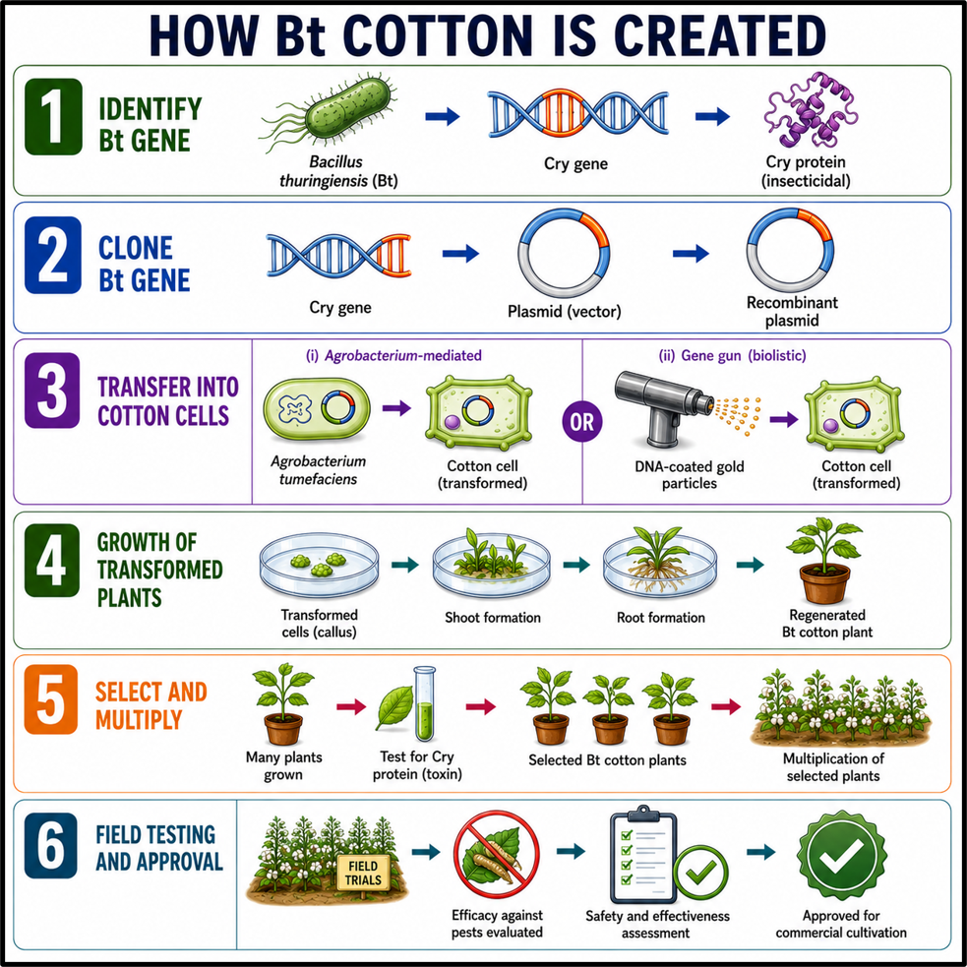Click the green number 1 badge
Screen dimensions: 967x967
(x=53, y=116)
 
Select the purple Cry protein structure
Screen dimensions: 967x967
(x=811, y=110)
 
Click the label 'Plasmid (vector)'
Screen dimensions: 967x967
(x=565, y=312)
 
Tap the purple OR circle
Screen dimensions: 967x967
(x=582, y=422)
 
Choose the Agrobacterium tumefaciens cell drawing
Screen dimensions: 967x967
(x=317, y=409)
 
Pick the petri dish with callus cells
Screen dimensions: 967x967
(x=319, y=567)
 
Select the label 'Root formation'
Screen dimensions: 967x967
(x=660, y=618)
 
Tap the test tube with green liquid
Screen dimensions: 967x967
(x=424, y=703)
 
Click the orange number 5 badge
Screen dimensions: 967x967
(x=51, y=699)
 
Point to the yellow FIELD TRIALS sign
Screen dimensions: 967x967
(x=363, y=872)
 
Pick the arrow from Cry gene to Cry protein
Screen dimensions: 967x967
(x=712, y=116)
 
